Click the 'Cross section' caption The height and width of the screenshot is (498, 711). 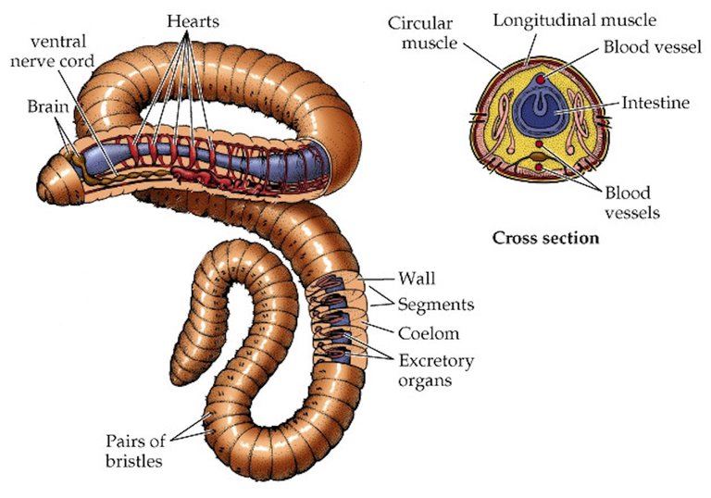point(545,238)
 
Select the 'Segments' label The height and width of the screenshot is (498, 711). point(436,304)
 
